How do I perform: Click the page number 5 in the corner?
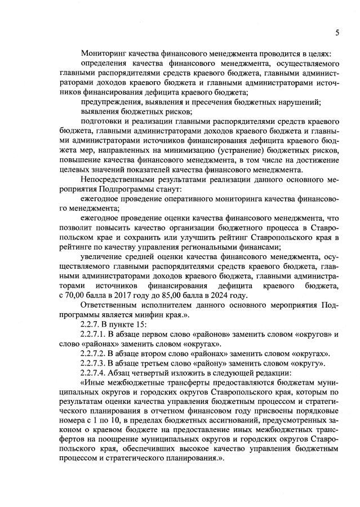337,33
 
